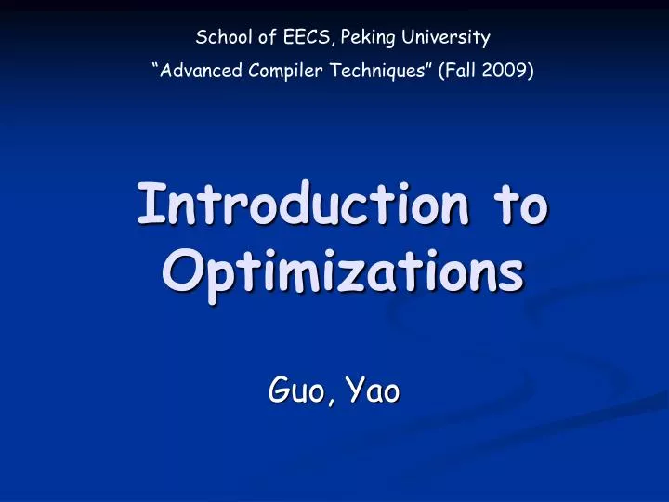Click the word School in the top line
click(219, 38)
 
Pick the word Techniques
click(379, 71)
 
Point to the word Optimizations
click(342, 271)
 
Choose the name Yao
click(371, 391)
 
